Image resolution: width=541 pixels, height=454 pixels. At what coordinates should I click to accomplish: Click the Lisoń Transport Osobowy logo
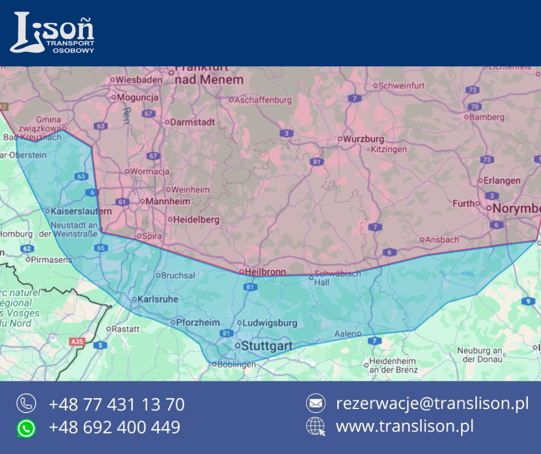click(52, 32)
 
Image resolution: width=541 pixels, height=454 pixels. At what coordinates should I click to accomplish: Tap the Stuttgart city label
click(266, 346)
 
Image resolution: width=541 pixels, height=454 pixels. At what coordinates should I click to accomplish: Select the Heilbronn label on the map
click(265, 271)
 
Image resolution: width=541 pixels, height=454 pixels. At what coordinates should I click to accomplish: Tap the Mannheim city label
click(167, 202)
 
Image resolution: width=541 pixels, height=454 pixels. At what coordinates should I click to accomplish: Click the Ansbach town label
click(442, 240)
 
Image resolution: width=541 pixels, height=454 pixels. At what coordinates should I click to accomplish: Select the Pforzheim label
click(197, 323)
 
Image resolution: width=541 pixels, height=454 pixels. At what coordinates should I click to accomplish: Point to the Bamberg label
click(487, 117)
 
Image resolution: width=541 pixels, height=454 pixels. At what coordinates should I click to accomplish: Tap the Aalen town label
click(345, 334)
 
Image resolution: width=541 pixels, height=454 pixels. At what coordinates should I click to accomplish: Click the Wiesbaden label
click(139, 80)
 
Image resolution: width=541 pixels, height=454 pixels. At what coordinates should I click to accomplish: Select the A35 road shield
click(77, 342)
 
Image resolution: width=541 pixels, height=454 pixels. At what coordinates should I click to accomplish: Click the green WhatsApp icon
click(26, 428)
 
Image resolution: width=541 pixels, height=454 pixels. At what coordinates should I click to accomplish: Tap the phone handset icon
click(26, 403)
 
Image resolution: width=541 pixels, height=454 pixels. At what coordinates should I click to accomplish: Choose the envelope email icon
click(315, 403)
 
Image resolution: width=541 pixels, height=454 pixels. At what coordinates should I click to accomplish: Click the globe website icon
click(315, 427)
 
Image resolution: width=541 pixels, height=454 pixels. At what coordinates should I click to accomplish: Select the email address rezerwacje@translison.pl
click(432, 403)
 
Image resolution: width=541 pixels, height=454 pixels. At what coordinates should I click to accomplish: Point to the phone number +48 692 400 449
click(115, 427)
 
